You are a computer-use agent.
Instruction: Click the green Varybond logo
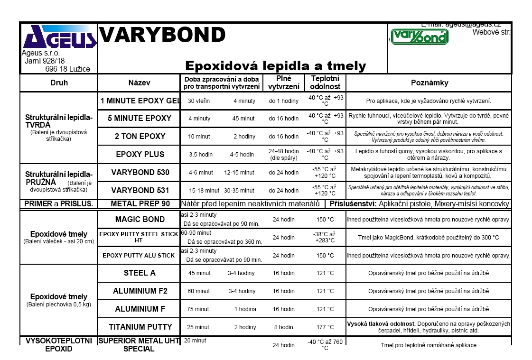point(419,37)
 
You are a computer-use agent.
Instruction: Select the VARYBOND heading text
point(162,35)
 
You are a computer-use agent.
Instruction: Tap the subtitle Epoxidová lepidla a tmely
point(275,65)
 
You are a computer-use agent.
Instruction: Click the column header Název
point(139,83)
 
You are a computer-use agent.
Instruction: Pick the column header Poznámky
point(429,83)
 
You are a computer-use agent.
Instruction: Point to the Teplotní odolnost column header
point(325,83)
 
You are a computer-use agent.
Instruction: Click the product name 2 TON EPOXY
point(140,136)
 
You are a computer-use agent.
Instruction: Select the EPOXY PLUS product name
point(140,154)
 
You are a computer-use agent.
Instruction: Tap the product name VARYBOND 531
point(140,190)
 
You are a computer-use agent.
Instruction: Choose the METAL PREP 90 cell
point(140,204)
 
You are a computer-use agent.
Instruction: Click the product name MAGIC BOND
point(140,219)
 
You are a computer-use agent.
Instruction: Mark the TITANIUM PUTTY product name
point(140,327)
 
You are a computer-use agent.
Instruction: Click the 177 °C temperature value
point(325,327)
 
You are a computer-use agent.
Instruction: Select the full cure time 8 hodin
point(283,327)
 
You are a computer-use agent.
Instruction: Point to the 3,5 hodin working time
point(200,154)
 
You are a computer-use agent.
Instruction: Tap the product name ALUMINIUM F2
point(140,291)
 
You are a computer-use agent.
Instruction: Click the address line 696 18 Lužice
point(67,69)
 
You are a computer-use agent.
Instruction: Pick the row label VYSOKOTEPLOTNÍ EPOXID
point(58,345)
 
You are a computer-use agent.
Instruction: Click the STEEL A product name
point(140,273)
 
